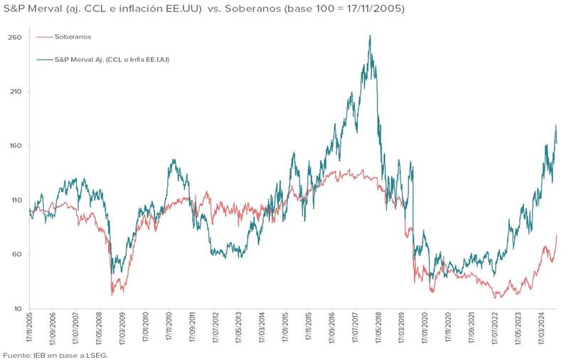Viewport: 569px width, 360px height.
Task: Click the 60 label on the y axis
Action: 15,255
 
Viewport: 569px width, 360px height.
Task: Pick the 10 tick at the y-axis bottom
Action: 15,309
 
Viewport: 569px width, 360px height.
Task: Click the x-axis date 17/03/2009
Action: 124,331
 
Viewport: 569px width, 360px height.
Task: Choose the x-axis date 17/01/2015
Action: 287,331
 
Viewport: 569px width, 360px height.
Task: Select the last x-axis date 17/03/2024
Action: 543,331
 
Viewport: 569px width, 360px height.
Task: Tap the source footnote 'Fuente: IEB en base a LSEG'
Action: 55,354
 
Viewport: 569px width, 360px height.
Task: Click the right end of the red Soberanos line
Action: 556,235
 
